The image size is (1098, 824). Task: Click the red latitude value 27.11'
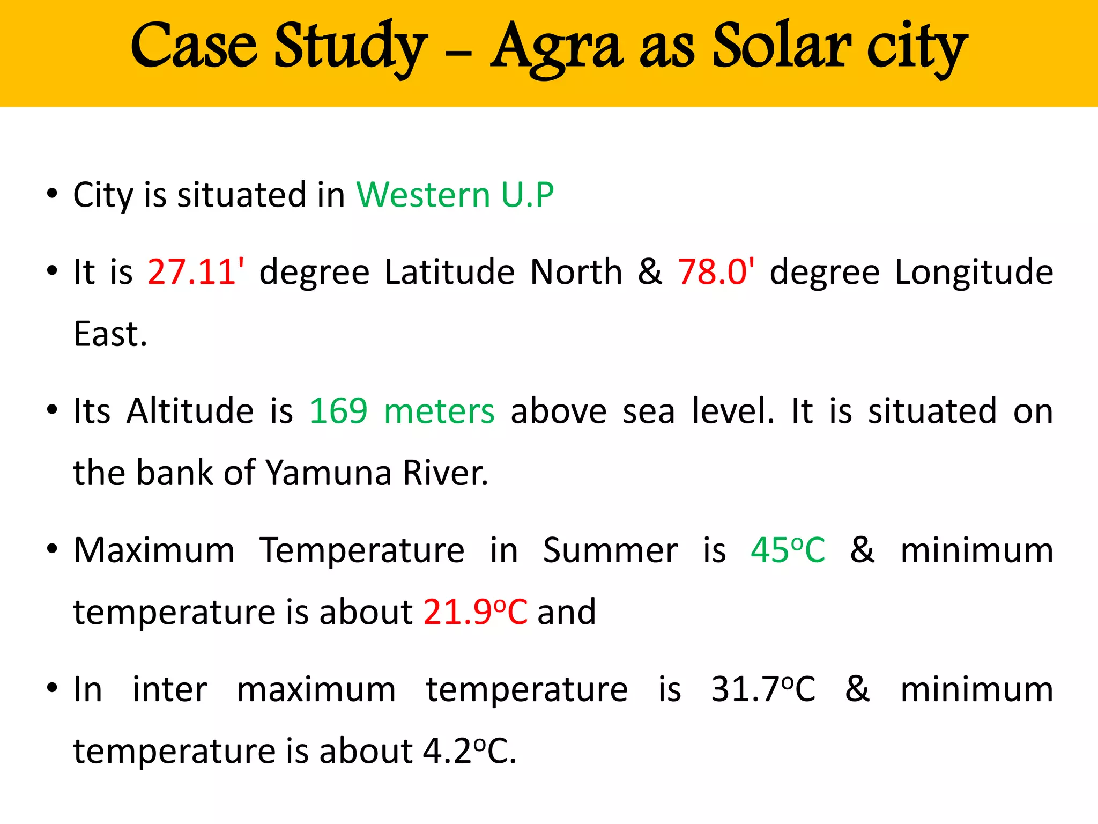click(x=196, y=271)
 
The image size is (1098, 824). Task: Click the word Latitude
click(x=449, y=271)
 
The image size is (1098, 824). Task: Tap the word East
click(x=110, y=334)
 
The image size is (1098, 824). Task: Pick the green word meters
click(x=439, y=411)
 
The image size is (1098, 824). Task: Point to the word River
click(x=445, y=473)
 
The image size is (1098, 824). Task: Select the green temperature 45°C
click(x=788, y=550)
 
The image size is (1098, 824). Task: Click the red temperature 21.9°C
click(x=475, y=612)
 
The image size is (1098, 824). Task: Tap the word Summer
click(x=610, y=550)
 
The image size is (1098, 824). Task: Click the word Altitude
click(x=190, y=411)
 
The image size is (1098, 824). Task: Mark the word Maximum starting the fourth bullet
click(x=154, y=550)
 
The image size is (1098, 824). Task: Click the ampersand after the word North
click(x=650, y=271)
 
